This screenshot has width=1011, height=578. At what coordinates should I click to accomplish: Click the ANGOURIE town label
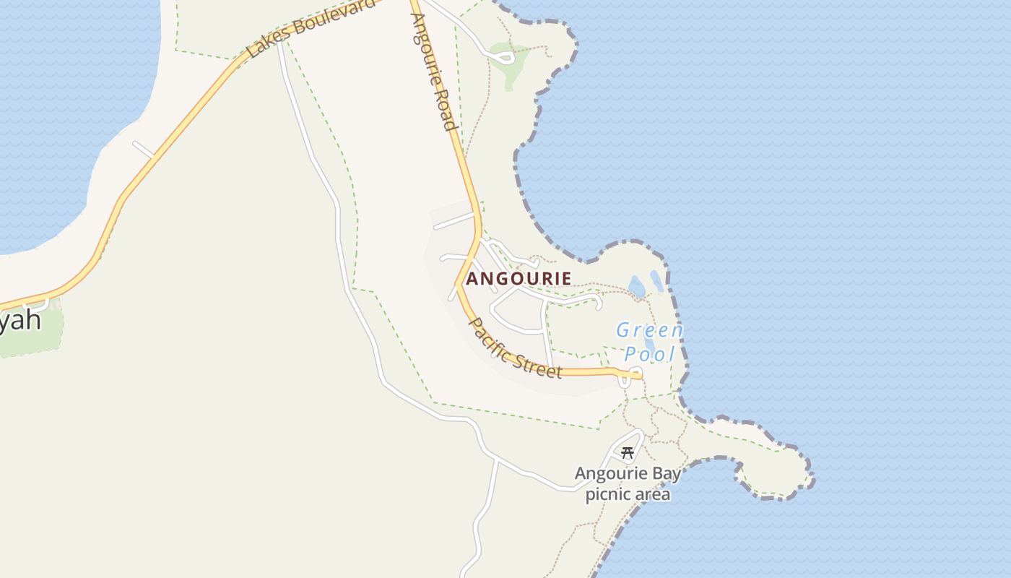pyautogui.click(x=518, y=278)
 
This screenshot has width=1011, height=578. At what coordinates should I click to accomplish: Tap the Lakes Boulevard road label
pyautogui.click(x=311, y=29)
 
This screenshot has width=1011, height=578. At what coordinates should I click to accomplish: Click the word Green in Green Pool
pyautogui.click(x=649, y=331)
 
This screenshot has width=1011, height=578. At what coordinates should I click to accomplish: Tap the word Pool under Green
pyautogui.click(x=649, y=354)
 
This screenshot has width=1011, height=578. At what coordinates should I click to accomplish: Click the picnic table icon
pyautogui.click(x=628, y=453)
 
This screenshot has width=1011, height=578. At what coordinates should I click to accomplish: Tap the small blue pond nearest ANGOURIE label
pyautogui.click(x=636, y=287)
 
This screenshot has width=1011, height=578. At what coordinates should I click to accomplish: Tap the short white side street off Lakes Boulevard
pyautogui.click(x=143, y=150)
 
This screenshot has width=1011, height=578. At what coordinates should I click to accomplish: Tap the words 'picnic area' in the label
pyautogui.click(x=628, y=495)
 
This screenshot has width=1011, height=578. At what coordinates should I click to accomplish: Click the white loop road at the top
pyautogui.click(x=503, y=56)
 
